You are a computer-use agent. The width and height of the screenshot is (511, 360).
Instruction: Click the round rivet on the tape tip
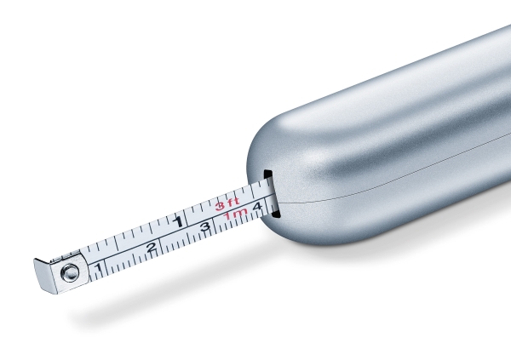pos(70,272)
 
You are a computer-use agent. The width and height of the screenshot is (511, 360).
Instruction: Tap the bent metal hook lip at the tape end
pos(44,276)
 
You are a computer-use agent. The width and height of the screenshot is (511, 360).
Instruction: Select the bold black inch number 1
pos(178,222)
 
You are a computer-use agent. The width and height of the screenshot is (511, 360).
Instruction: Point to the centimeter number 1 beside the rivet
pos(98,268)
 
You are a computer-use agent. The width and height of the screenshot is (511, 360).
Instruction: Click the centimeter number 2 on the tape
pos(152,248)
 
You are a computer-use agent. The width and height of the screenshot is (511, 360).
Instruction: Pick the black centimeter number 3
pos(205,226)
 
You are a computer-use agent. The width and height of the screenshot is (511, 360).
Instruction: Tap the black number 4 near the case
pos(257,207)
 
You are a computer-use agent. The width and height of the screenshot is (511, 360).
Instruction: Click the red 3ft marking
pos(227,204)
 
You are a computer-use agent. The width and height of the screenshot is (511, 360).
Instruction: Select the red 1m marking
pos(236,214)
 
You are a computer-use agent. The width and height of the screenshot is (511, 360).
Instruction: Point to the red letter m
pos(240,213)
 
